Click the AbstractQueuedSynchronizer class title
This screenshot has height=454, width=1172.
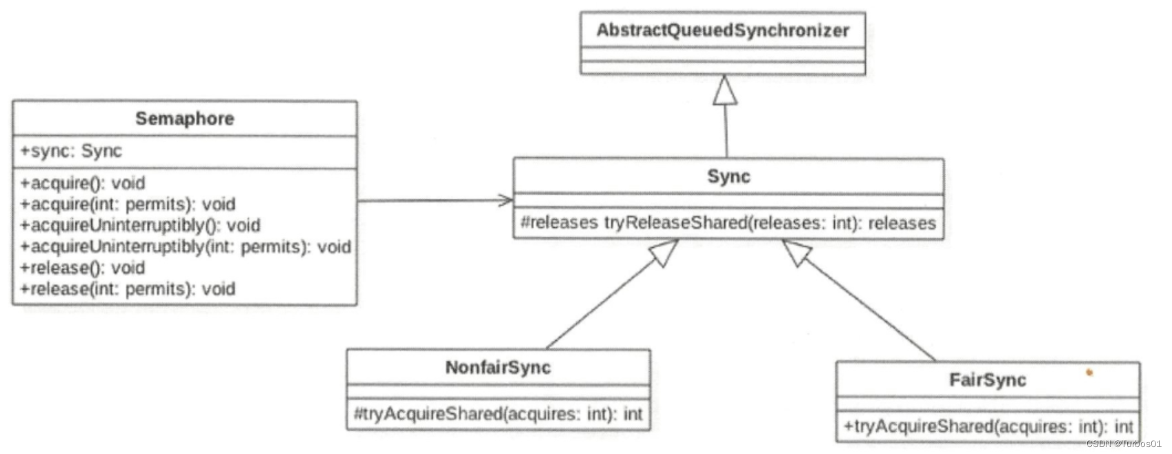coord(722,30)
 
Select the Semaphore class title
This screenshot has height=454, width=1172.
coord(184,119)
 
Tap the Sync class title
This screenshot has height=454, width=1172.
coord(728,177)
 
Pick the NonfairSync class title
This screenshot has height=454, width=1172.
coord(497,367)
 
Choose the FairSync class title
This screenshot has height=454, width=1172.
coord(987,379)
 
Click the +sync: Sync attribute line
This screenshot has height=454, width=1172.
coord(71,151)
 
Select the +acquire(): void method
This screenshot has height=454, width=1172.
coord(83,183)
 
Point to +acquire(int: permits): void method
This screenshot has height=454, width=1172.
coord(128,204)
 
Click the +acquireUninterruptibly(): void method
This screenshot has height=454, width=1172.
coord(140,226)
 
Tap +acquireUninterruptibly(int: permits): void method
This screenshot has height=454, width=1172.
coord(185,246)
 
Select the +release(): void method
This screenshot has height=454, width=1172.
coord(83,268)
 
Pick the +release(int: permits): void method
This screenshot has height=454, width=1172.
coord(128,288)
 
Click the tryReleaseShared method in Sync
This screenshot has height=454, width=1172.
coord(728,223)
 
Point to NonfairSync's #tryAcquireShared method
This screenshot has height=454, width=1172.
coord(497,414)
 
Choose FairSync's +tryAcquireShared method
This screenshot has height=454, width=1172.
coord(987,426)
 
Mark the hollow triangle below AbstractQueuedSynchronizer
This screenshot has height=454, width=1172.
coord(724,92)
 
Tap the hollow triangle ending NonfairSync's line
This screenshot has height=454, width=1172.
coord(664,253)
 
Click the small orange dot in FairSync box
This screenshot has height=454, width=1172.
coord(1089,373)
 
